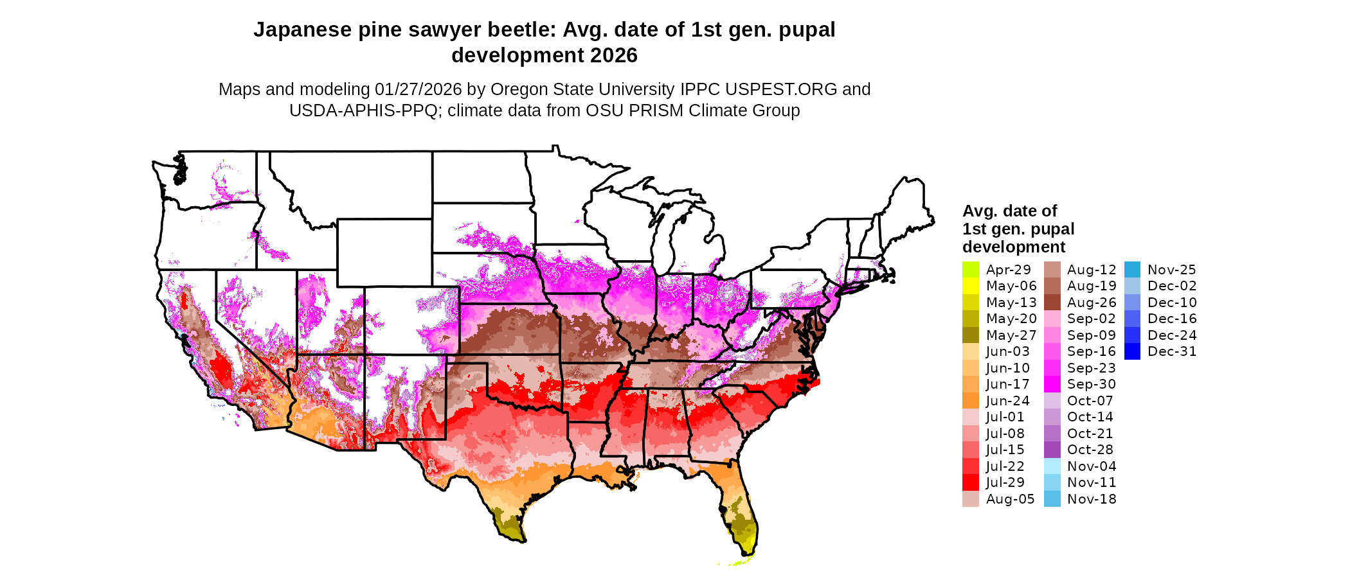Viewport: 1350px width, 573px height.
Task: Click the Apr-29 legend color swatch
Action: point(970,270)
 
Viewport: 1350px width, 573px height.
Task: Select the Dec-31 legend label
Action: point(1172,351)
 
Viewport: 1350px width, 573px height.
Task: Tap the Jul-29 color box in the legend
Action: point(970,482)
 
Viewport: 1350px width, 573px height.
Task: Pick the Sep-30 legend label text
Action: point(1091,384)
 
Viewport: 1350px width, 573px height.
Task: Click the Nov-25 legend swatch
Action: point(1132,270)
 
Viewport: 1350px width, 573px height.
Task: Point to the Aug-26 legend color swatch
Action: point(1052,303)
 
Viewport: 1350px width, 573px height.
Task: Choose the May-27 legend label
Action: point(1011,335)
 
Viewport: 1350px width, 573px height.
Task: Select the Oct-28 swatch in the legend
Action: point(1052,450)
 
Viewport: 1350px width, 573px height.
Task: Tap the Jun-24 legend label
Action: point(1008,401)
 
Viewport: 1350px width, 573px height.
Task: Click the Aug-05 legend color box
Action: point(970,499)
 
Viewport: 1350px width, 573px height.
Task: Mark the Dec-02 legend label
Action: point(1172,286)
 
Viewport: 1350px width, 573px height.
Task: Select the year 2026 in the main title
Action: point(613,56)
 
